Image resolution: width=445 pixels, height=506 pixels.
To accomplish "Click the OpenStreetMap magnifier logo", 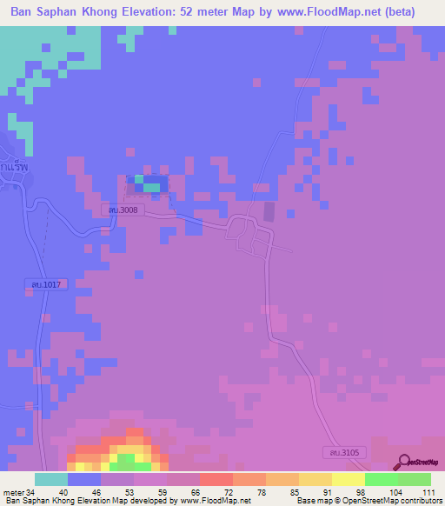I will coord(404,463).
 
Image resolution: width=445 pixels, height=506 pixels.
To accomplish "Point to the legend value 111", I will coord(426,492).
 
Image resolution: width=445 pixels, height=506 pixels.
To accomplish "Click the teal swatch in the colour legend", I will coord(51,479).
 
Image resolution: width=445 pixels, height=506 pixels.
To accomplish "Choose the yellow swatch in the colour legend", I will coord(348,479).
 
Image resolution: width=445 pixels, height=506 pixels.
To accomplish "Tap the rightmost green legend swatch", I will coord(414,479).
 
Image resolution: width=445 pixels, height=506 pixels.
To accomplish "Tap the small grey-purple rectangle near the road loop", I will coord(269,211).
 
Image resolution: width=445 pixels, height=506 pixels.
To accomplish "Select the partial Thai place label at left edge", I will coord(12,165).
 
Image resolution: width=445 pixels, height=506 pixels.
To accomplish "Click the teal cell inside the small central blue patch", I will coord(151,186).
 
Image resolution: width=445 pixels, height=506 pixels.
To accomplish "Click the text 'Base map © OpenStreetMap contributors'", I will coord(367,501).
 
